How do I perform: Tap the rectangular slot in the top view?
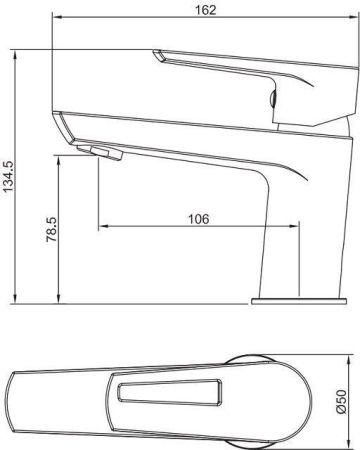[x=169, y=394]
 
